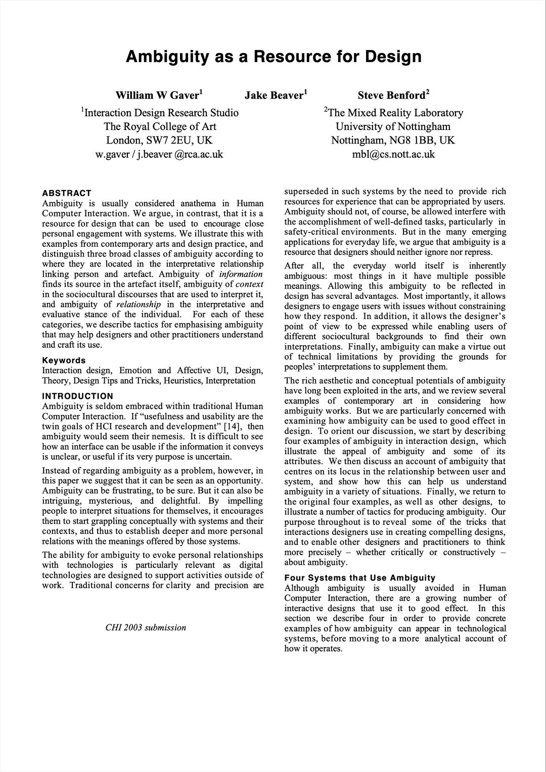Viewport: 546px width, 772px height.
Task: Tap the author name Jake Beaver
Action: (x=275, y=95)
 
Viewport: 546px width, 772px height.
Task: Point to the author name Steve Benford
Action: (x=392, y=95)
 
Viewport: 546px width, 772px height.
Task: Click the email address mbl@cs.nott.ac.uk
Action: (x=393, y=154)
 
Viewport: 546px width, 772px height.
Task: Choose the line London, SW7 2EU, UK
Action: (x=159, y=140)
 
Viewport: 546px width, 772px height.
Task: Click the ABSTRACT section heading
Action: (x=67, y=193)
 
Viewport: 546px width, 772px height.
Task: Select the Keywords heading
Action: (x=64, y=360)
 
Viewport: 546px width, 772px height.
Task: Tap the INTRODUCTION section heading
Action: (x=78, y=396)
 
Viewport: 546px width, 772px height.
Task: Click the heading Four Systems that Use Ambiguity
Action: (x=359, y=578)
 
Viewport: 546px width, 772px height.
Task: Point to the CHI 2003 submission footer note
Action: (x=146, y=627)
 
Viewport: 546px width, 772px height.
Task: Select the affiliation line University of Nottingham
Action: (x=393, y=126)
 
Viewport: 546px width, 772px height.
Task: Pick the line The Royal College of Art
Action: (x=160, y=126)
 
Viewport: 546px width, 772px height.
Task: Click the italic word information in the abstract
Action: (x=241, y=274)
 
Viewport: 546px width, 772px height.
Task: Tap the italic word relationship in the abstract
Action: (x=139, y=304)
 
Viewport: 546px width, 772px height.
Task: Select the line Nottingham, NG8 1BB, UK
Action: (x=393, y=140)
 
